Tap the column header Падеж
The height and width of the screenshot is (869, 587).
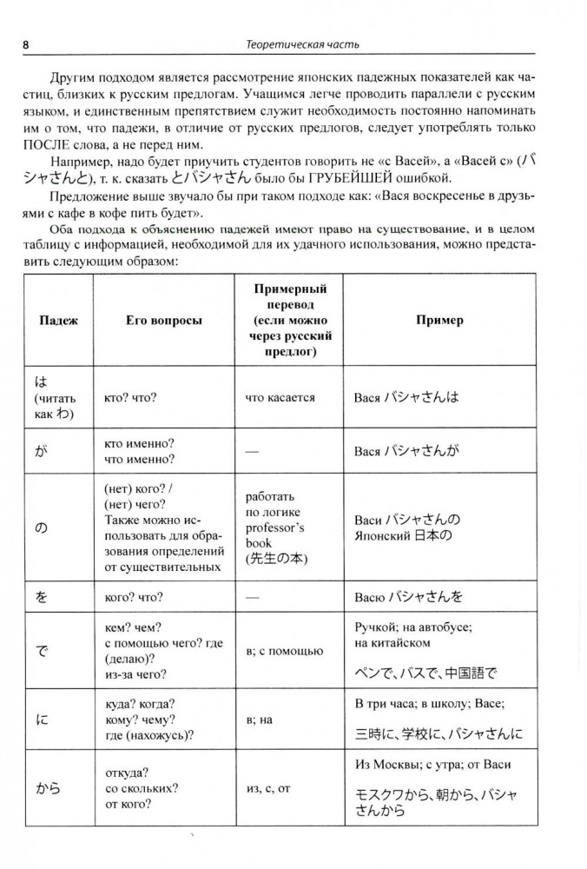tap(59, 320)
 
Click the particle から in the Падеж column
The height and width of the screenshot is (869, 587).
tap(49, 788)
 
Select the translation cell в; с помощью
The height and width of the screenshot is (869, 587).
tap(285, 650)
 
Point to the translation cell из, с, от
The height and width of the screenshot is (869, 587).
tap(271, 788)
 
